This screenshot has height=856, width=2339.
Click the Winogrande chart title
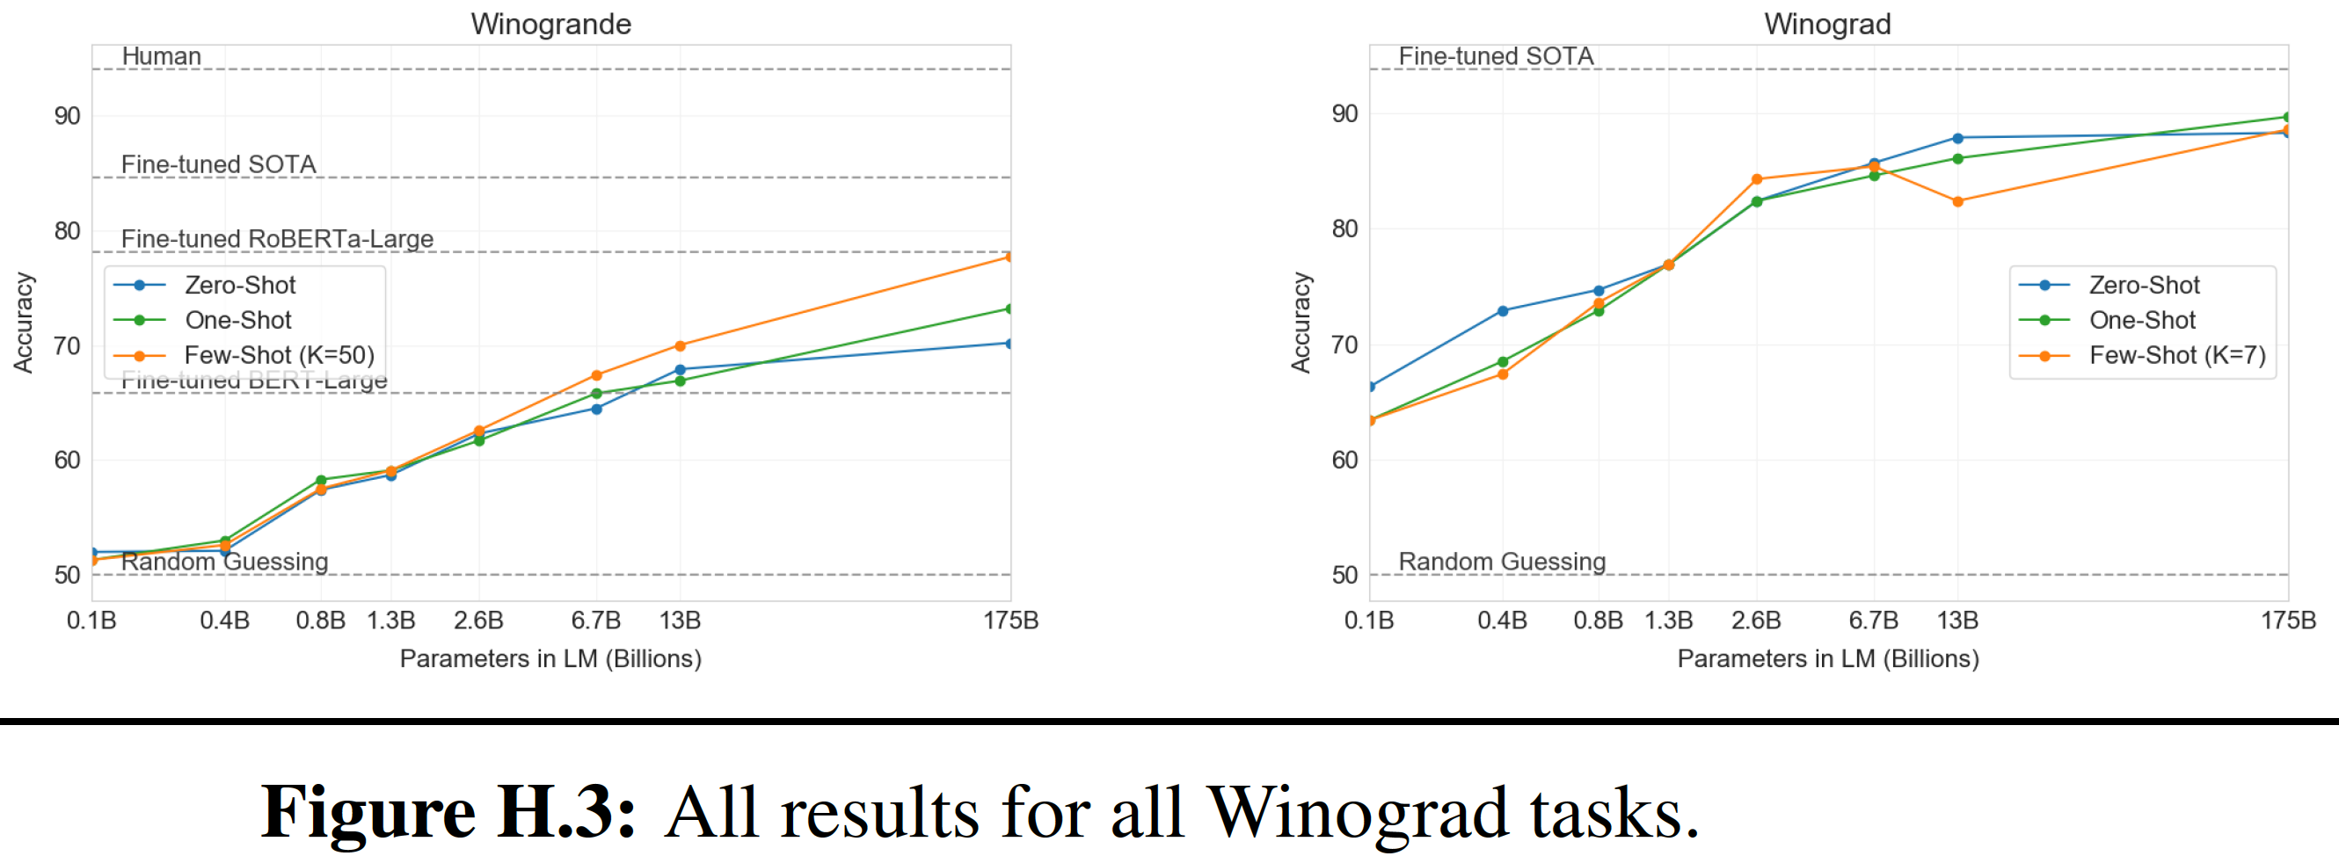(x=550, y=24)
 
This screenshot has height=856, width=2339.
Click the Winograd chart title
(x=1827, y=24)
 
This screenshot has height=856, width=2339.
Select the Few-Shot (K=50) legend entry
(x=279, y=355)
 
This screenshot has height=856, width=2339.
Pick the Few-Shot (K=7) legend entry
(x=2176, y=355)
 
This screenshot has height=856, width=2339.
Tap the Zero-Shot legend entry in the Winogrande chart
(x=240, y=285)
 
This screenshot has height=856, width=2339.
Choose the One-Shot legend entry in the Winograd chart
(x=2141, y=321)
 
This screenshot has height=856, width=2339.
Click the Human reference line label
(x=162, y=56)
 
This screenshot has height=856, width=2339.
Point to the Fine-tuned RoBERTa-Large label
(x=277, y=239)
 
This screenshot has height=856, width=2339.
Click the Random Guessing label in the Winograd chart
(x=1502, y=562)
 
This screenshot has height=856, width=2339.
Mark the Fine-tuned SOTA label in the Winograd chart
(x=1496, y=56)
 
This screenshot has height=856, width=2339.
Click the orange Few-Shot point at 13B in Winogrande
(x=680, y=346)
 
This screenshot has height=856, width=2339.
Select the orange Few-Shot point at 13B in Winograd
(x=1957, y=201)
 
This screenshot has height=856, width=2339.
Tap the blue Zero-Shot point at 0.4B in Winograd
(x=1503, y=311)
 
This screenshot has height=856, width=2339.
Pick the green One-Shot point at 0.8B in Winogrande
(x=321, y=480)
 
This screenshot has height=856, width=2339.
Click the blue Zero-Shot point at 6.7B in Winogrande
(x=596, y=410)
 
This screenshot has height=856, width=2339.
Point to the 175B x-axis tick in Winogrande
(x=1010, y=620)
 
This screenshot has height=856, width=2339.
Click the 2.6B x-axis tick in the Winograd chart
(x=1756, y=620)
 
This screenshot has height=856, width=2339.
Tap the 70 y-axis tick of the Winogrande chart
(x=67, y=346)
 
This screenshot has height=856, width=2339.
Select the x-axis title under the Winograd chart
(x=1827, y=659)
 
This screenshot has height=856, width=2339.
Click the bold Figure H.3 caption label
(x=448, y=811)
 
